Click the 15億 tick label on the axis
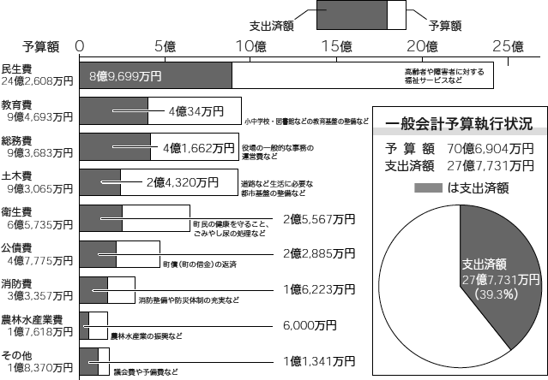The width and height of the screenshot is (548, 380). click(x=336, y=46)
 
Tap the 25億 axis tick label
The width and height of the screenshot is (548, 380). click(x=509, y=46)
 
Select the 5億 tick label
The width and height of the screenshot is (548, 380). click(x=165, y=46)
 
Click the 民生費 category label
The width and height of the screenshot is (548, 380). click(x=17, y=68)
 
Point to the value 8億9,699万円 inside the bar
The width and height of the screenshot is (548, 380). click(x=125, y=76)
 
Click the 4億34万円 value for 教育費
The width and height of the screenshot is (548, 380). click(x=196, y=111)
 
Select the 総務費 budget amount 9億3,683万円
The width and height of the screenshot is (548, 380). click(x=39, y=152)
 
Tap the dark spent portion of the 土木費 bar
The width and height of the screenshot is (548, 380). click(x=100, y=182)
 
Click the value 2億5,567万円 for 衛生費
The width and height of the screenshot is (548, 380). click(x=319, y=219)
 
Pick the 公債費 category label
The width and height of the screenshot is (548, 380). click(x=17, y=248)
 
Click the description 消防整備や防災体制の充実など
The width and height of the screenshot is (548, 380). click(x=189, y=300)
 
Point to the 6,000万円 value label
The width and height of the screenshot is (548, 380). click(x=310, y=325)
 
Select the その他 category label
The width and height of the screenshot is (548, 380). click(x=17, y=355)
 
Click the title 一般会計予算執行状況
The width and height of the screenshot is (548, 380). click(x=459, y=124)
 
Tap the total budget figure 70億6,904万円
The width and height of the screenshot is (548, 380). click(x=491, y=149)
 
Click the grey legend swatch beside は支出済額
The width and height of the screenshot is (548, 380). click(x=428, y=188)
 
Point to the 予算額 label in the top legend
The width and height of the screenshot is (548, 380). click(x=445, y=26)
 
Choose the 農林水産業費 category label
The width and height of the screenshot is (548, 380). click(x=32, y=320)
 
